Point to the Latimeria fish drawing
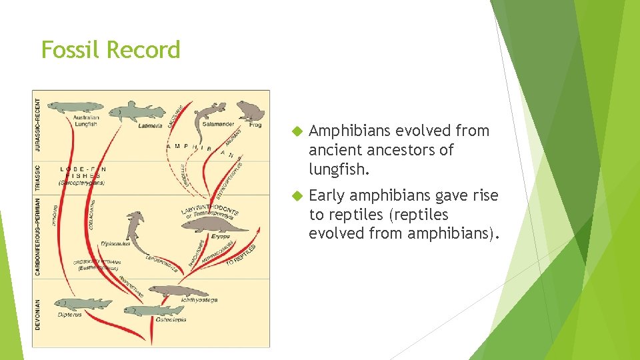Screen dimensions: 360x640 pos(137,111)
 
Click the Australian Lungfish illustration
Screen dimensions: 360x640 pos(77,107)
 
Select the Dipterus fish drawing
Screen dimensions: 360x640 pos(83,304)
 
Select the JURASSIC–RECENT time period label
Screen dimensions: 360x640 pos(37,127)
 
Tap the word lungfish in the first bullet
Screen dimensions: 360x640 pos(338,169)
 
